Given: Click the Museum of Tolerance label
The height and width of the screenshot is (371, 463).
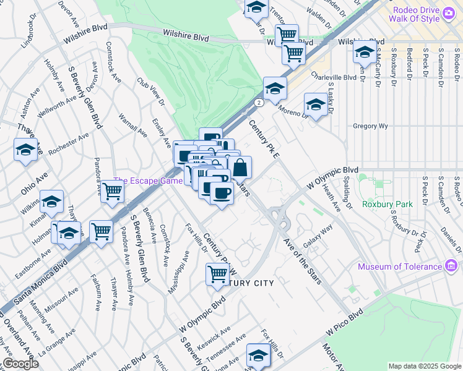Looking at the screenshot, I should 400,267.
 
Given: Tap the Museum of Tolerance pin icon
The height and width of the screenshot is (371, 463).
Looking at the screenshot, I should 451,267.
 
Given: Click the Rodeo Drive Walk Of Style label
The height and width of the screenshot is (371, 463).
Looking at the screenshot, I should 422,14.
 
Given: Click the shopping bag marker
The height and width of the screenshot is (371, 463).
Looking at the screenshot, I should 240,167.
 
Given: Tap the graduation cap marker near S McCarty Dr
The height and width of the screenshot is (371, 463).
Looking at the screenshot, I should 365,53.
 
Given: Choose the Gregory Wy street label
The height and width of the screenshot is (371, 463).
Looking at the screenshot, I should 370,126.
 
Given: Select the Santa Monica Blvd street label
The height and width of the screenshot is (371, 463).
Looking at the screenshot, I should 41,282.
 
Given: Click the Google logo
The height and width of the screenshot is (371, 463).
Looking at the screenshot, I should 20,364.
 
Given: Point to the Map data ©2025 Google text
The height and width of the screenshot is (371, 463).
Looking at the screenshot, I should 424,366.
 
